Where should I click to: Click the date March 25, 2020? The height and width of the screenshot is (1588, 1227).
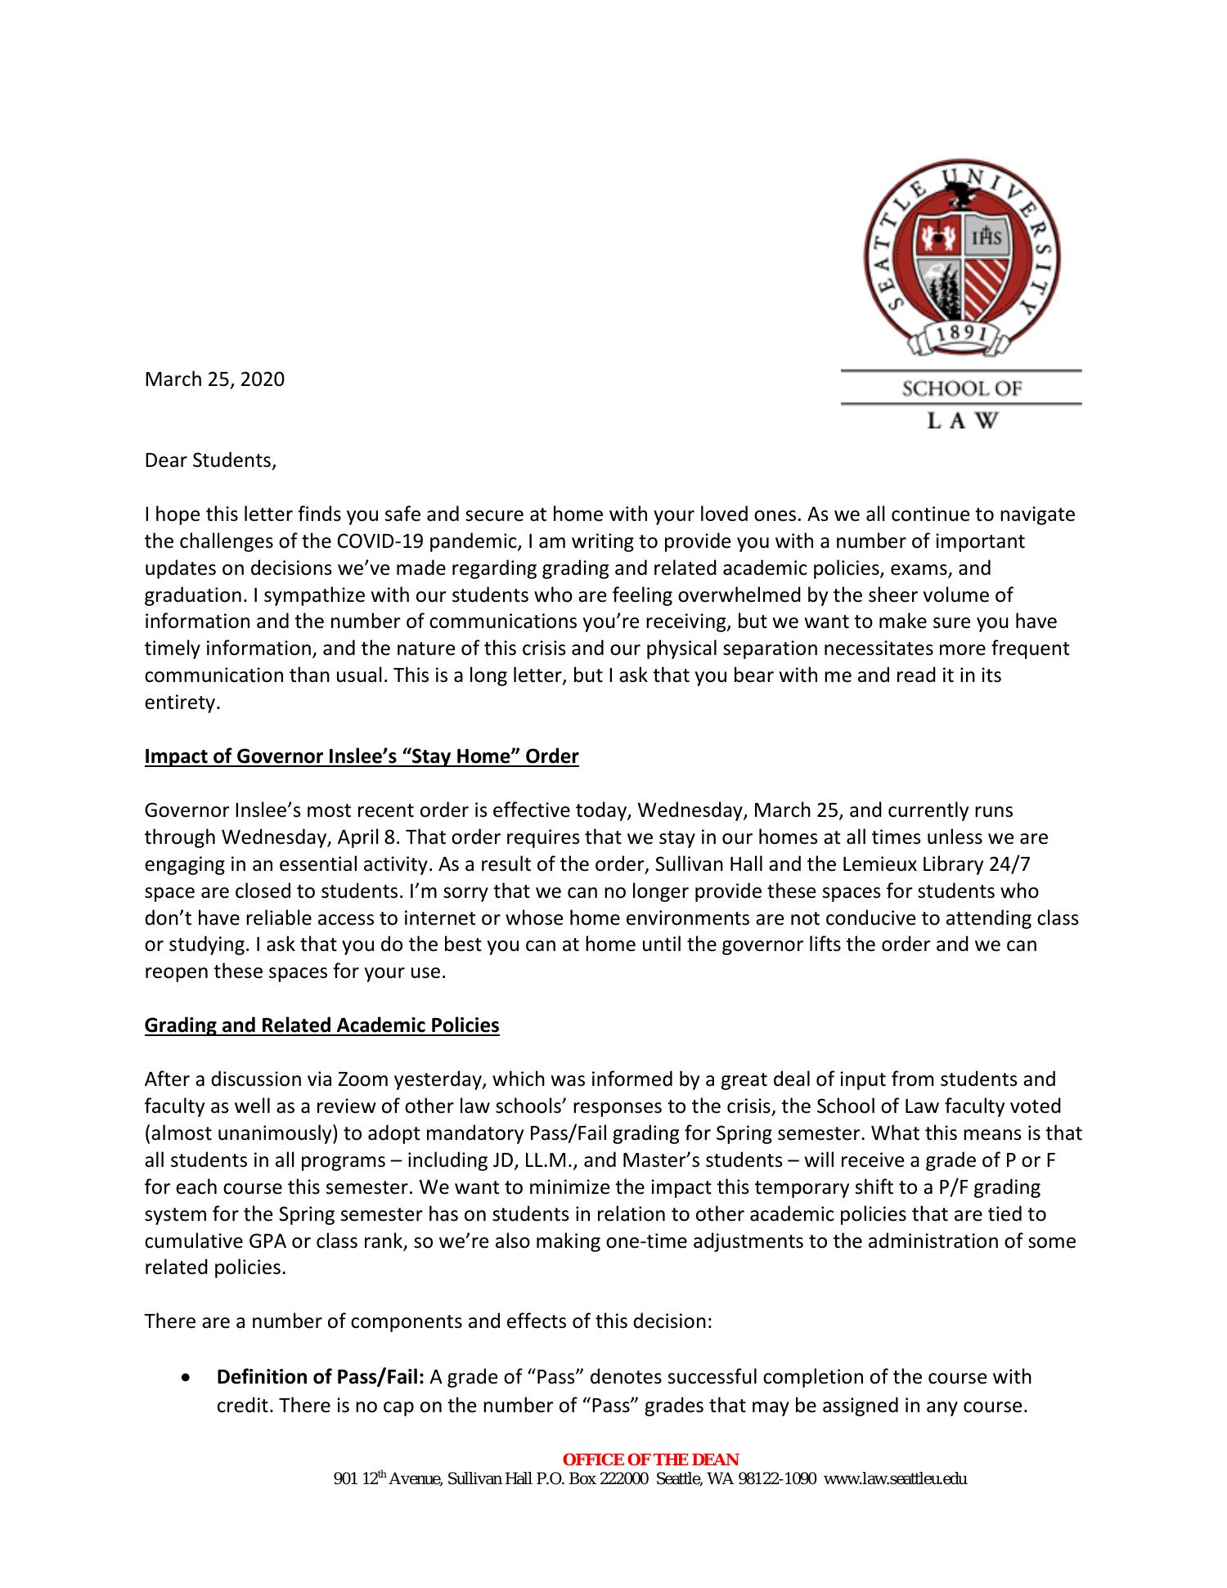point(214,379)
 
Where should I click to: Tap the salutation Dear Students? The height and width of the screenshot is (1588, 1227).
point(210,460)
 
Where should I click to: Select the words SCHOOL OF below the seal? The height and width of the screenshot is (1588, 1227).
point(961,388)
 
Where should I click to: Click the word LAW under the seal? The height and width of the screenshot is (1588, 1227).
point(961,421)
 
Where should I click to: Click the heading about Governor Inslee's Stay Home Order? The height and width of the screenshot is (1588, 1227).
point(361,756)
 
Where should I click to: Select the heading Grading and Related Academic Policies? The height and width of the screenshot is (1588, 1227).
point(321,1025)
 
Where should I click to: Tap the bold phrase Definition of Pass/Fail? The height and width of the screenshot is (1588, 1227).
point(320,1377)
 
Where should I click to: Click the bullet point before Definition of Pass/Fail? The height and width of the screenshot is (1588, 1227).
point(189,1378)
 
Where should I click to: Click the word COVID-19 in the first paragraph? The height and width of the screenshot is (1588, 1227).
point(380,541)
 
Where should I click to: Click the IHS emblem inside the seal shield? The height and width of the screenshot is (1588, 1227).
point(987,238)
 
